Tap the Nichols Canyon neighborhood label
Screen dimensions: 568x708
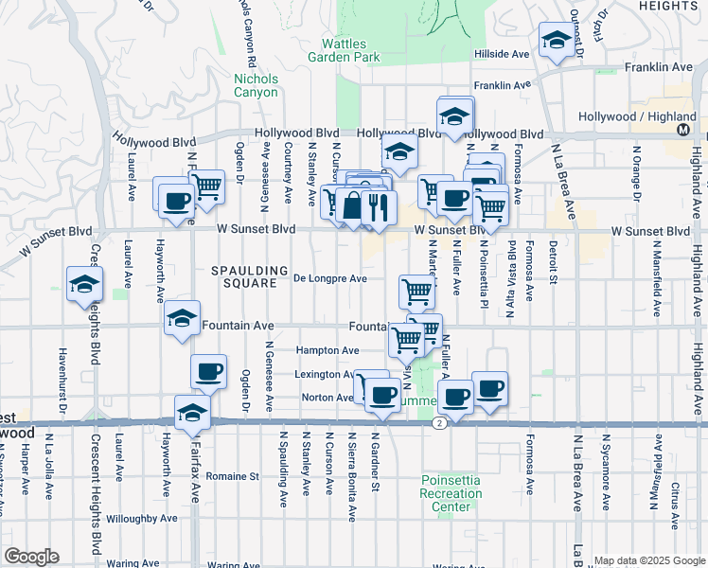point(256,85)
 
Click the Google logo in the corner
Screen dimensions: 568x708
point(31,557)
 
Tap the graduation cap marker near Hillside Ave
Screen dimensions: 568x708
point(556,41)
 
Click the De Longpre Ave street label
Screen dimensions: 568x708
point(329,278)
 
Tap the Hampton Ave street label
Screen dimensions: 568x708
point(327,350)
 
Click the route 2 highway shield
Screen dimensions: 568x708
point(440,424)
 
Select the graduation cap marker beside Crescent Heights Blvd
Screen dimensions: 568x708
point(84,283)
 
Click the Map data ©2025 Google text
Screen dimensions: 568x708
point(648,560)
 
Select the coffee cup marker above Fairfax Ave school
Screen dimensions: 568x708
point(208,371)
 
